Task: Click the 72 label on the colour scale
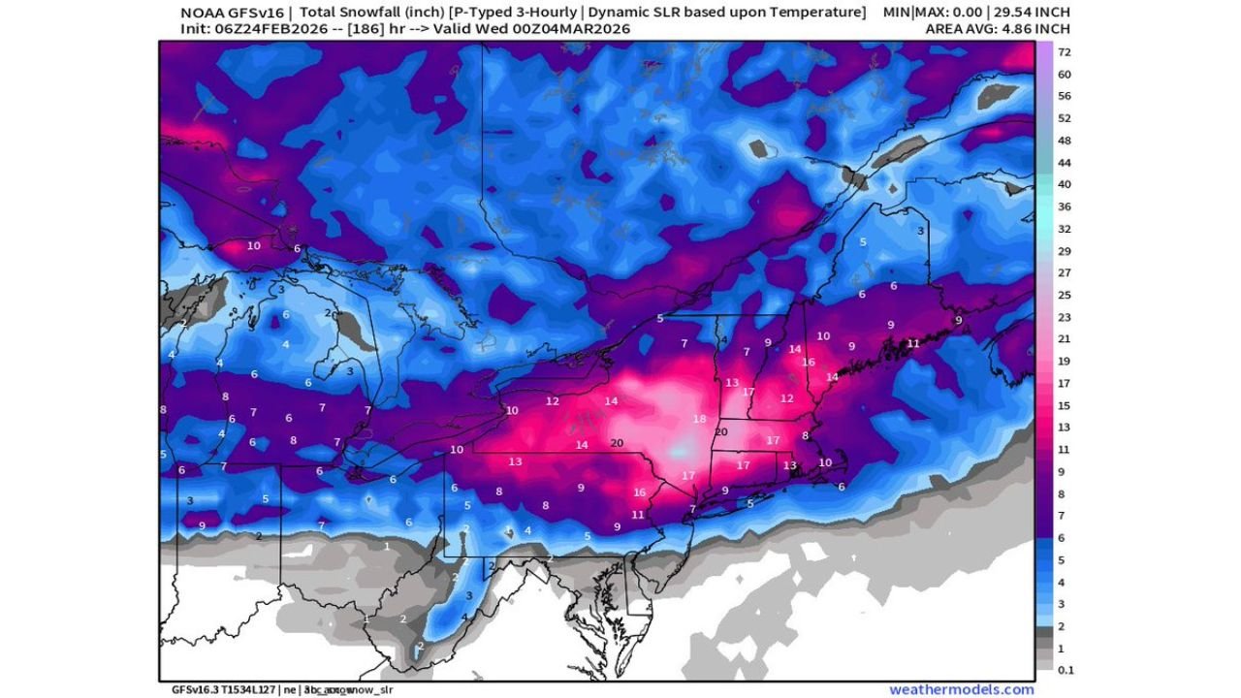point(1064,51)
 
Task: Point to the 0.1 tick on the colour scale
point(1064,669)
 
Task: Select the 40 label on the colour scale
point(1064,184)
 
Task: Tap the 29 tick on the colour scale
point(1064,250)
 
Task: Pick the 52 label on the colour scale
point(1064,118)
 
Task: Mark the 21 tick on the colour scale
point(1064,338)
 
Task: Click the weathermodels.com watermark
point(961,689)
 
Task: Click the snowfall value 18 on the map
point(699,419)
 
